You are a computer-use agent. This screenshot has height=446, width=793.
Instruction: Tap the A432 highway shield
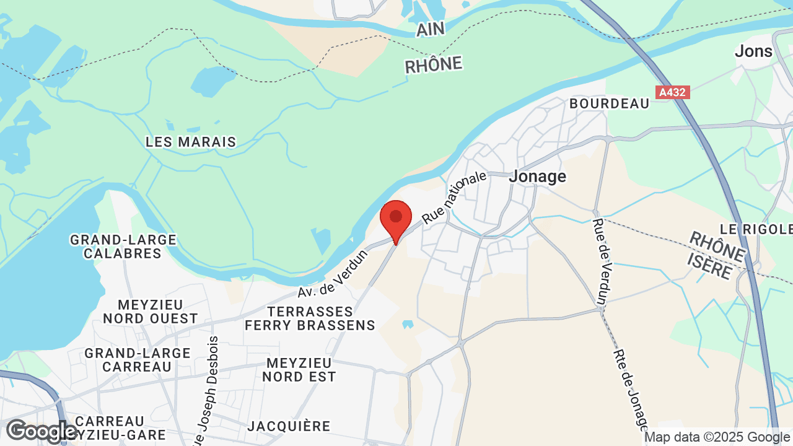tap(672, 92)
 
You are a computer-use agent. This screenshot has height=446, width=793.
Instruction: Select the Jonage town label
tap(537, 177)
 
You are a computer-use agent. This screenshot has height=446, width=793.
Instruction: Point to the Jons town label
tap(753, 51)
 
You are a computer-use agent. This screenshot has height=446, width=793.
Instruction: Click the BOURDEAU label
tap(609, 103)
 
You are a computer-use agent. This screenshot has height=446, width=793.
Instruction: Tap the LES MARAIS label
tap(191, 142)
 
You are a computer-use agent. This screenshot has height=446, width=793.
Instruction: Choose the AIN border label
tap(432, 29)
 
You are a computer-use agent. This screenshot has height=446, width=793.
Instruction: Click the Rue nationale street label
tap(454, 197)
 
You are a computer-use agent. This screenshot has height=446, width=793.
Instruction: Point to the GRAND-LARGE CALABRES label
tap(123, 247)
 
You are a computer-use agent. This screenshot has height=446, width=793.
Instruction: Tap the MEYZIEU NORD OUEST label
tap(151, 312)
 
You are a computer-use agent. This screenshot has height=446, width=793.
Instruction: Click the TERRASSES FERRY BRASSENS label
tap(310, 318)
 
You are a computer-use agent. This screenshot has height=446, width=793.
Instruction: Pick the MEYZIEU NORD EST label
tap(299, 369)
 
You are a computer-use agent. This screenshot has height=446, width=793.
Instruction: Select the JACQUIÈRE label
tap(289, 426)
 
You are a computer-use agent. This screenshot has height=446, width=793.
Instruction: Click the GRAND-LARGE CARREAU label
tap(138, 359)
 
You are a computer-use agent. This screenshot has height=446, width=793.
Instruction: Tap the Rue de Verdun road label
tap(599, 261)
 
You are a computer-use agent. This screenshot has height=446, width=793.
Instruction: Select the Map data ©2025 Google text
tap(717, 437)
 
